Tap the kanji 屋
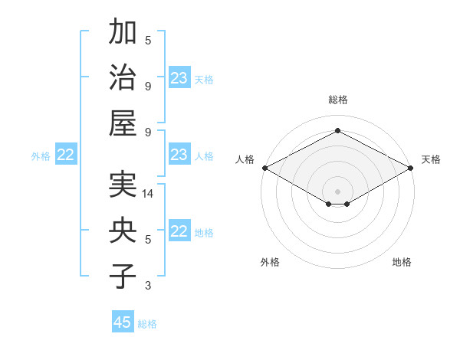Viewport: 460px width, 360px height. (x=123, y=122)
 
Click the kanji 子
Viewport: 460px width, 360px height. (x=123, y=276)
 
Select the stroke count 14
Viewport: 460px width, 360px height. (x=148, y=195)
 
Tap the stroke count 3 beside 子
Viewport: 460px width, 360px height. (x=148, y=286)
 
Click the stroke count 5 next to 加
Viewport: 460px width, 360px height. (x=148, y=40)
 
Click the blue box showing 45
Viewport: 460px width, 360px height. (x=123, y=322)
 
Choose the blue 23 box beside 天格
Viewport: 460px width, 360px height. (x=179, y=78)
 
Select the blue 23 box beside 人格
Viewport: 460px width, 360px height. (x=179, y=155)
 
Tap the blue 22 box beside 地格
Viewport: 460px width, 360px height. (x=179, y=232)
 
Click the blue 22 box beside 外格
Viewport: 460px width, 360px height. (x=66, y=155)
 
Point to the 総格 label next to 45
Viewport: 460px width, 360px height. (x=147, y=323)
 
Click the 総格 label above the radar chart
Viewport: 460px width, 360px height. (x=337, y=100)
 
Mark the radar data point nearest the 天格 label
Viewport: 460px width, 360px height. (x=411, y=168)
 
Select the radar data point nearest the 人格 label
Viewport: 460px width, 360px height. (x=264, y=168)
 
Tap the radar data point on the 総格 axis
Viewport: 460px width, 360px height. (x=337, y=131)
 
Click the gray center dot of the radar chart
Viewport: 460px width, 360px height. (x=337, y=191)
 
